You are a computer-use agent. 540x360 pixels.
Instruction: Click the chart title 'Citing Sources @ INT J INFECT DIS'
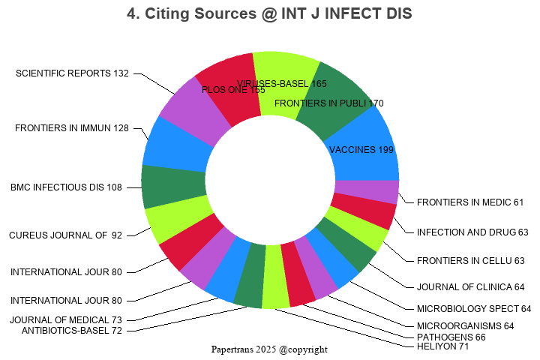point(269,13)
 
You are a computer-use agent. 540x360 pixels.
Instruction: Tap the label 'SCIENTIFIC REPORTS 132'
point(72,73)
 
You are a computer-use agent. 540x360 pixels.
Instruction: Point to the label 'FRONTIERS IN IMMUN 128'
point(72,128)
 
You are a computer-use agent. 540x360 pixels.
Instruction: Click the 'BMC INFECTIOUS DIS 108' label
point(66,187)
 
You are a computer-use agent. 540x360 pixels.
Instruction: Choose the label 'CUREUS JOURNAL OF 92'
point(65,235)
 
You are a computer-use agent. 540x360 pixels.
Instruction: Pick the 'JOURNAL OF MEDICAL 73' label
point(66,320)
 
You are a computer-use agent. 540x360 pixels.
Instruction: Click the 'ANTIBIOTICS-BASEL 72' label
point(72,331)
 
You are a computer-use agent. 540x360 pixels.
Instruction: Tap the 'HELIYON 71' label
point(443,346)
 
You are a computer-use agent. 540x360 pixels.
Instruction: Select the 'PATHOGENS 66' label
point(450,337)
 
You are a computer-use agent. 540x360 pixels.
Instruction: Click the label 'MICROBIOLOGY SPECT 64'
point(474,309)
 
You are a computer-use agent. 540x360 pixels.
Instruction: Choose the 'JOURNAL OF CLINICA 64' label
point(471,287)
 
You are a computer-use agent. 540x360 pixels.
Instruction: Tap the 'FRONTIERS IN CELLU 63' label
point(471,261)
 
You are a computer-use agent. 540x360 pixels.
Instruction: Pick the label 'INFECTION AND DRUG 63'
point(472,232)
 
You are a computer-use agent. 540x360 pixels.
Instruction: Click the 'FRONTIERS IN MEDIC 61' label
point(470,202)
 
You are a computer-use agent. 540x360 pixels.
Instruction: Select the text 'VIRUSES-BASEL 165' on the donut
point(282,83)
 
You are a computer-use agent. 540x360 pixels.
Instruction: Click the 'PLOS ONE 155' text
point(234,90)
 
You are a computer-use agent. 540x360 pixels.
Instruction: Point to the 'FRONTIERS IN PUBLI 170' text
point(329,103)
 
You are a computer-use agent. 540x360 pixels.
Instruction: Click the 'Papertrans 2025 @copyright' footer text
point(269,349)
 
